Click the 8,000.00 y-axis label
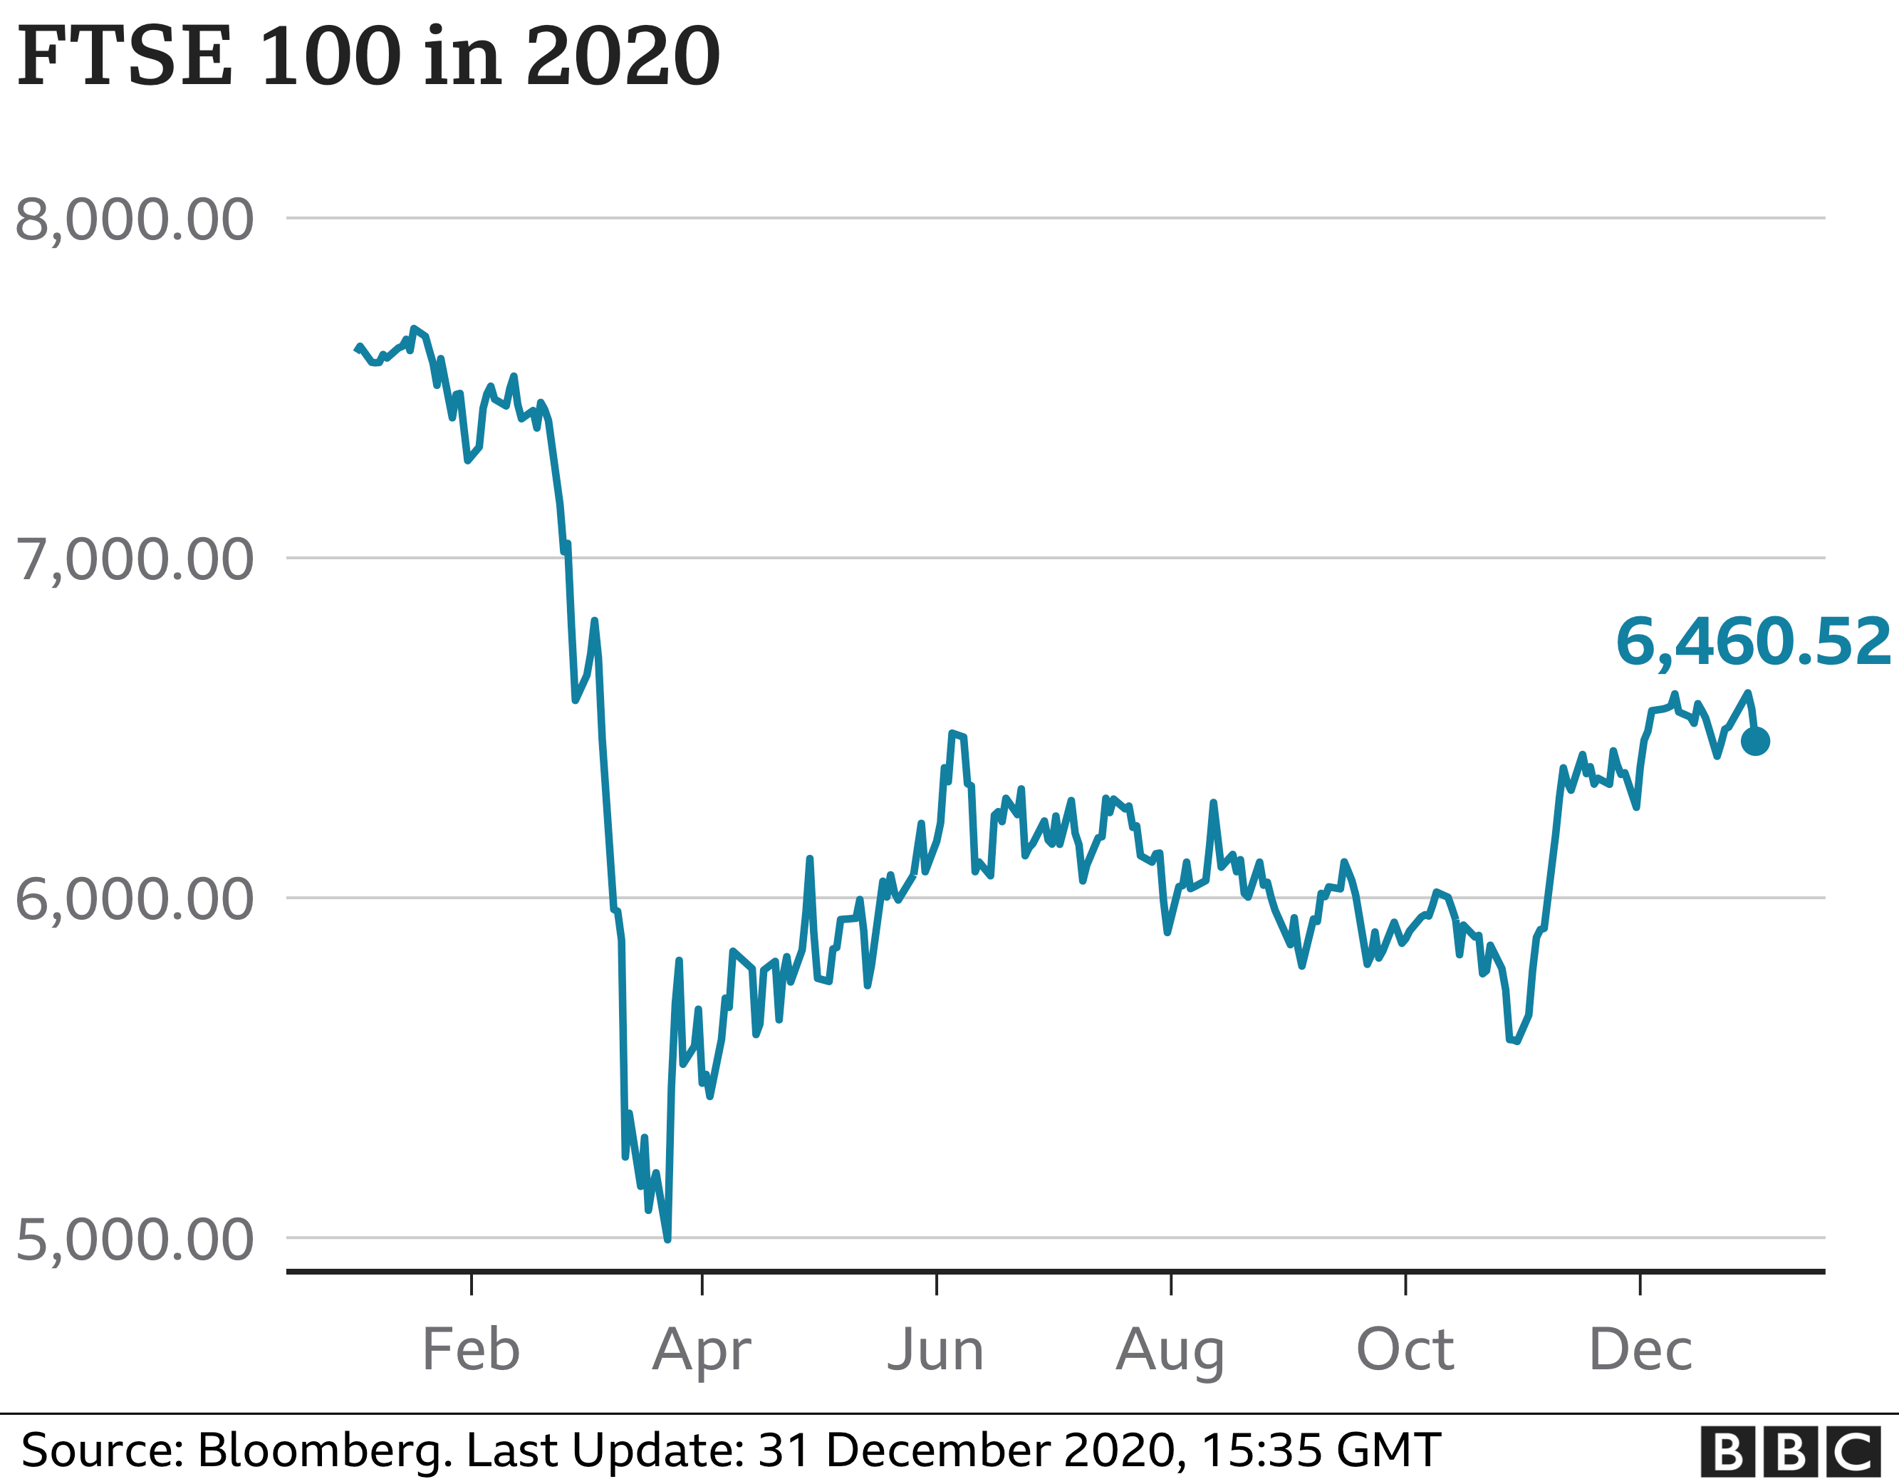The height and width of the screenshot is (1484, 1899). (135, 220)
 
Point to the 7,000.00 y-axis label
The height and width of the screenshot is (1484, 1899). (135, 559)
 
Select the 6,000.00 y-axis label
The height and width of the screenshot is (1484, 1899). (135, 899)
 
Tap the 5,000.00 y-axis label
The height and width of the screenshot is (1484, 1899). (135, 1240)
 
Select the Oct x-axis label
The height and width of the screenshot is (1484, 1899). (1405, 1350)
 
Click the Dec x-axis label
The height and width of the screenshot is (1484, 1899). (1640, 1350)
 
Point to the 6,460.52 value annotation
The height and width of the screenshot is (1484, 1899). (1752, 643)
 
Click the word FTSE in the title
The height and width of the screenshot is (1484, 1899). (125, 56)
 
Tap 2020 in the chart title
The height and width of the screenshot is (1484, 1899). (623, 56)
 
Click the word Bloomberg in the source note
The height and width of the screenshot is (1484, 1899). (324, 1450)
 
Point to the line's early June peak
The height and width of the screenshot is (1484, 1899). (954, 733)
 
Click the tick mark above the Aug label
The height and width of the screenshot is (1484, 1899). (1171, 1284)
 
